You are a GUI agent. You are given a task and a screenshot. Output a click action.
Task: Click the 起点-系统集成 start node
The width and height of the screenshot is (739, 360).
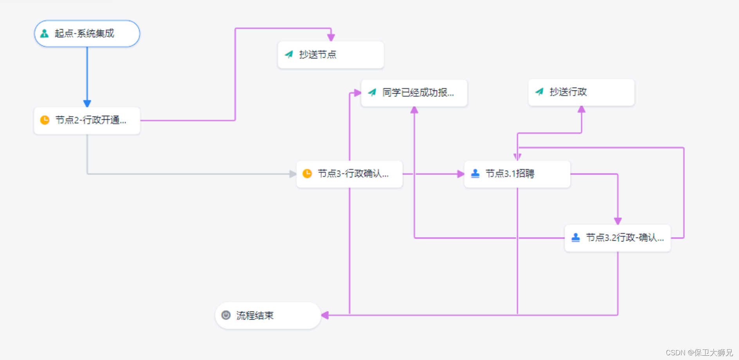pyautogui.click(x=87, y=34)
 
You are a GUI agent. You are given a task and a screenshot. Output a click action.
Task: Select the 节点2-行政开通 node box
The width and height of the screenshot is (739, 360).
pyautogui.click(x=87, y=121)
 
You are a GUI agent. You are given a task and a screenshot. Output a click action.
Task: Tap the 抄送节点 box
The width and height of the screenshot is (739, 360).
pyautogui.click(x=331, y=55)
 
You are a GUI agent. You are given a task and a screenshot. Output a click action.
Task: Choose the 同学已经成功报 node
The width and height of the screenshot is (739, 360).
pyautogui.click(x=414, y=93)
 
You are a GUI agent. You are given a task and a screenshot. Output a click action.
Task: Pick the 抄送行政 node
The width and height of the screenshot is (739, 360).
pyautogui.click(x=581, y=92)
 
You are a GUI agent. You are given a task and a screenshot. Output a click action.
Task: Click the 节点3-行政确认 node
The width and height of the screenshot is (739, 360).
pyautogui.click(x=350, y=174)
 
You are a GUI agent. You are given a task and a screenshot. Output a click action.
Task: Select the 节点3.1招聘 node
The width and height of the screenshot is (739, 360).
pyautogui.click(x=517, y=174)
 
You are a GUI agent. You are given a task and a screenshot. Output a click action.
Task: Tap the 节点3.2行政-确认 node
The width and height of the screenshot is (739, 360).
pyautogui.click(x=618, y=238)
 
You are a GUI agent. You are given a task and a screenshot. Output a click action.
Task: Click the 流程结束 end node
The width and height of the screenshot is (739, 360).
pyautogui.click(x=268, y=315)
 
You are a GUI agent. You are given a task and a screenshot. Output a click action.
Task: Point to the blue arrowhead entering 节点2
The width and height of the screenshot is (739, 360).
pyautogui.click(x=87, y=104)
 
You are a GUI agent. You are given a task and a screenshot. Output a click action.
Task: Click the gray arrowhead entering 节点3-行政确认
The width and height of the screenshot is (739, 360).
pyautogui.click(x=293, y=174)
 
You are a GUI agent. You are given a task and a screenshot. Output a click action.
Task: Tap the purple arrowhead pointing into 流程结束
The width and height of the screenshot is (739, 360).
pyautogui.click(x=325, y=315)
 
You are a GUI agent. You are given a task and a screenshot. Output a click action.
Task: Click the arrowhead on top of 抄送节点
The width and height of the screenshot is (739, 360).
pyautogui.click(x=331, y=38)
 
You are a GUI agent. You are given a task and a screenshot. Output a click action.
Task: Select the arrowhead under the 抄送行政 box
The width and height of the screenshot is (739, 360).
pyautogui.click(x=582, y=110)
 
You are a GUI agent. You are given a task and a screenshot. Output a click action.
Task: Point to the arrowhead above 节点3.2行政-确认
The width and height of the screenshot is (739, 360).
pyautogui.click(x=618, y=221)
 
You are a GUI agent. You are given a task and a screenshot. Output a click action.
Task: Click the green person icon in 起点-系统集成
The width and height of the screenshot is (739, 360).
pyautogui.click(x=45, y=34)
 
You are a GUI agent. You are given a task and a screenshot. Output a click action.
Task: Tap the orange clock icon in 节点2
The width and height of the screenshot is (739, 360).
pyautogui.click(x=45, y=120)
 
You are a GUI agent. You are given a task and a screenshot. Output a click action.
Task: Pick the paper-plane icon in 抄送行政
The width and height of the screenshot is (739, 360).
pyautogui.click(x=539, y=92)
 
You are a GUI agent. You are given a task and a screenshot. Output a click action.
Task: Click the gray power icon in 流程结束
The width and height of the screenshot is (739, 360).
pyautogui.click(x=226, y=315)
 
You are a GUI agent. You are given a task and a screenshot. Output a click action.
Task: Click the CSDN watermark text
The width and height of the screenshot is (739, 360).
pyautogui.click(x=699, y=353)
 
